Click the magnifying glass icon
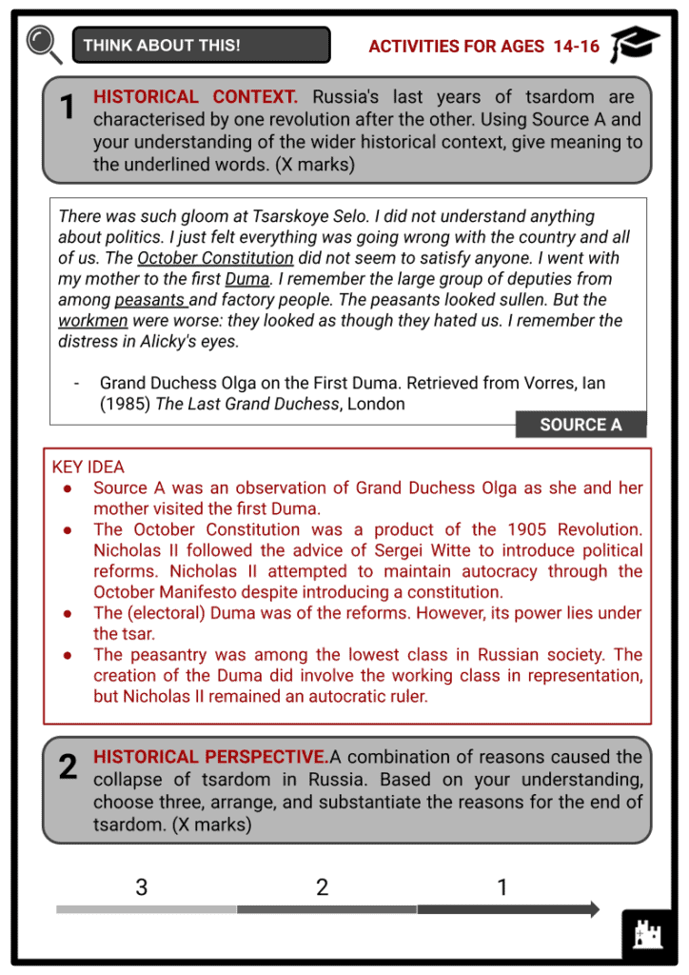43,44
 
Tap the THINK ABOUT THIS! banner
201,45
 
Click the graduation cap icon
634,44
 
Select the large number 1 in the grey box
67,109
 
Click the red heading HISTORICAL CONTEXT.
195,97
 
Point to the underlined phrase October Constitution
215,258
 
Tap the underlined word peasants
149,300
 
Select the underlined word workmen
92,321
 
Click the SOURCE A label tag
581,425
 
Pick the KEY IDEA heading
88,467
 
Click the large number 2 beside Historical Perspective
68,767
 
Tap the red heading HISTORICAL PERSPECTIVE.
210,757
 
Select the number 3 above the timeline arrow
142,888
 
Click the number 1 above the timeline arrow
502,888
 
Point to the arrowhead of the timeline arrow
594,909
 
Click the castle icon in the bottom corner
648,935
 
